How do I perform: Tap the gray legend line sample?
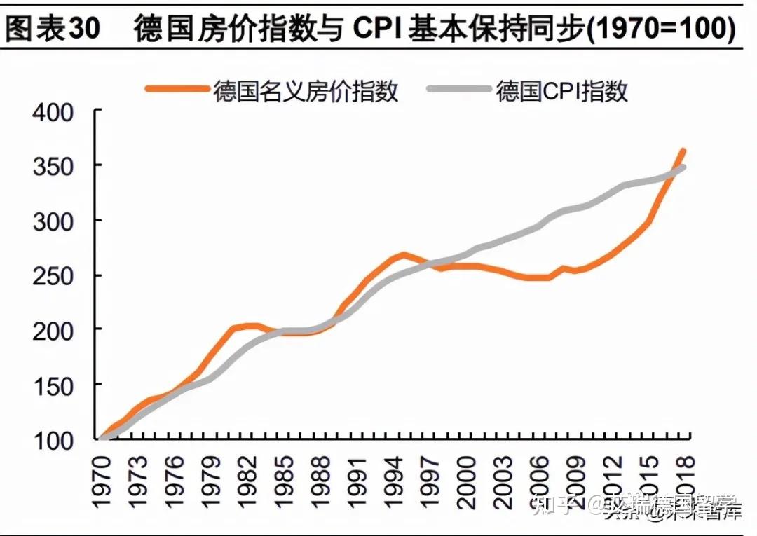tap(459, 90)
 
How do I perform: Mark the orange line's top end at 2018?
tap(683, 151)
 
